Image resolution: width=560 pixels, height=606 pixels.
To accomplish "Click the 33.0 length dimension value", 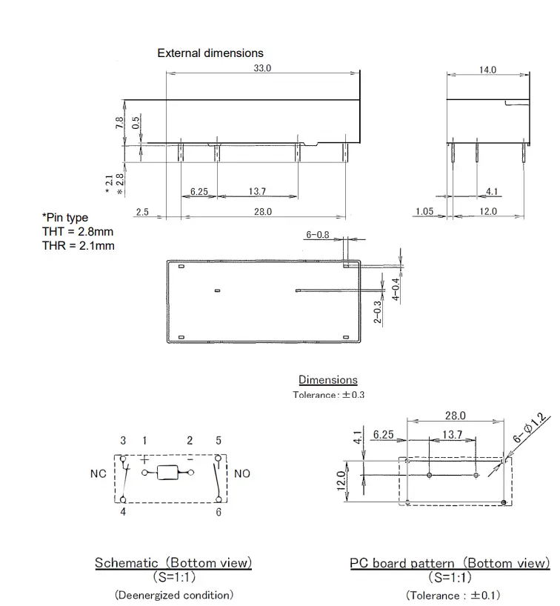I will coord(263,68).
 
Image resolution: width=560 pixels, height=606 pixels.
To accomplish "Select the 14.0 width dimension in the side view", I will coord(487,70).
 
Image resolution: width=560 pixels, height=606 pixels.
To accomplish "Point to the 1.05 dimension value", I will coord(424,212).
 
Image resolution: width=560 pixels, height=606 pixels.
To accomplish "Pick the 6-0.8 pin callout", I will coord(317,235).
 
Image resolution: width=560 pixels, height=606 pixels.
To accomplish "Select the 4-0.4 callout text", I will coord(396,289).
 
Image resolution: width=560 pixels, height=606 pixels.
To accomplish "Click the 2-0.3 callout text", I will coord(377,312).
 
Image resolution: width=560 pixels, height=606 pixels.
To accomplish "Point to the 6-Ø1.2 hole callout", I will coord(530,429).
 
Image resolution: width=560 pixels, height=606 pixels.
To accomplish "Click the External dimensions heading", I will coord(210,53).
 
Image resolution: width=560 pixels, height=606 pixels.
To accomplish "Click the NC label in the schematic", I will coord(99,473).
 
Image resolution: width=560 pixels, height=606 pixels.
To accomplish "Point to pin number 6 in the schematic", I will coord(219,513).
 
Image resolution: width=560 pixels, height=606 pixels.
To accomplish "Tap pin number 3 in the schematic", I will coord(123,441).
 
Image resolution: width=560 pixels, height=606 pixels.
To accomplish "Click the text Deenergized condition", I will coord(173,595).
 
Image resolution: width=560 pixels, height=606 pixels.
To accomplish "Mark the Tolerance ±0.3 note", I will coord(328,395).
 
